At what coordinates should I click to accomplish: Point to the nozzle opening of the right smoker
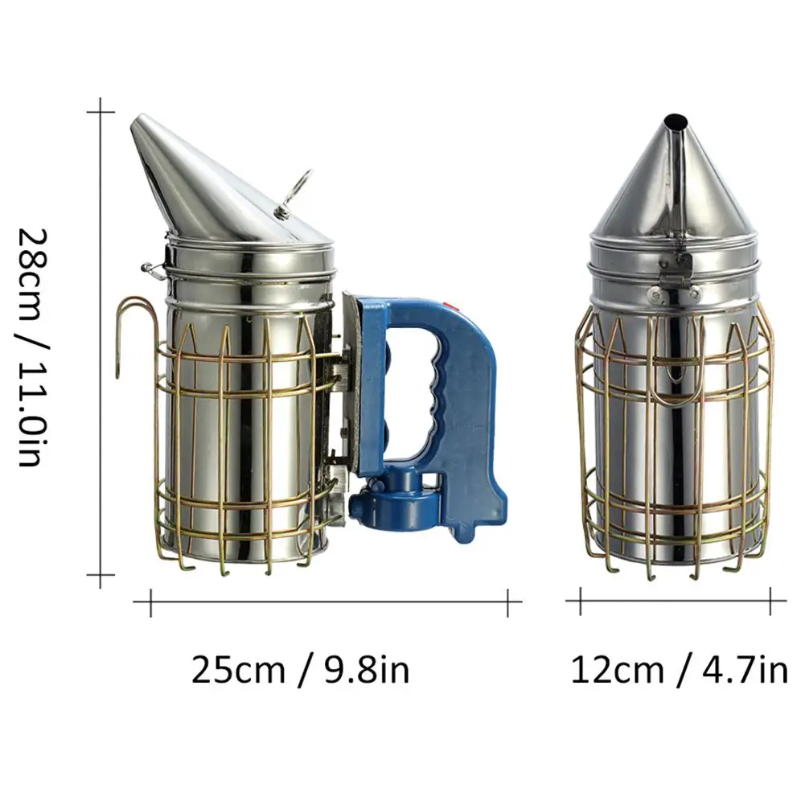click(676, 122)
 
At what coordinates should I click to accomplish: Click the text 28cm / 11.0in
click(33, 347)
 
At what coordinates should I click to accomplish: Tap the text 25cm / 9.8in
click(301, 670)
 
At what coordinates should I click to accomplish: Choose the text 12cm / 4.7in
click(680, 670)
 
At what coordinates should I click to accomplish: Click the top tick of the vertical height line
click(100, 112)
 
